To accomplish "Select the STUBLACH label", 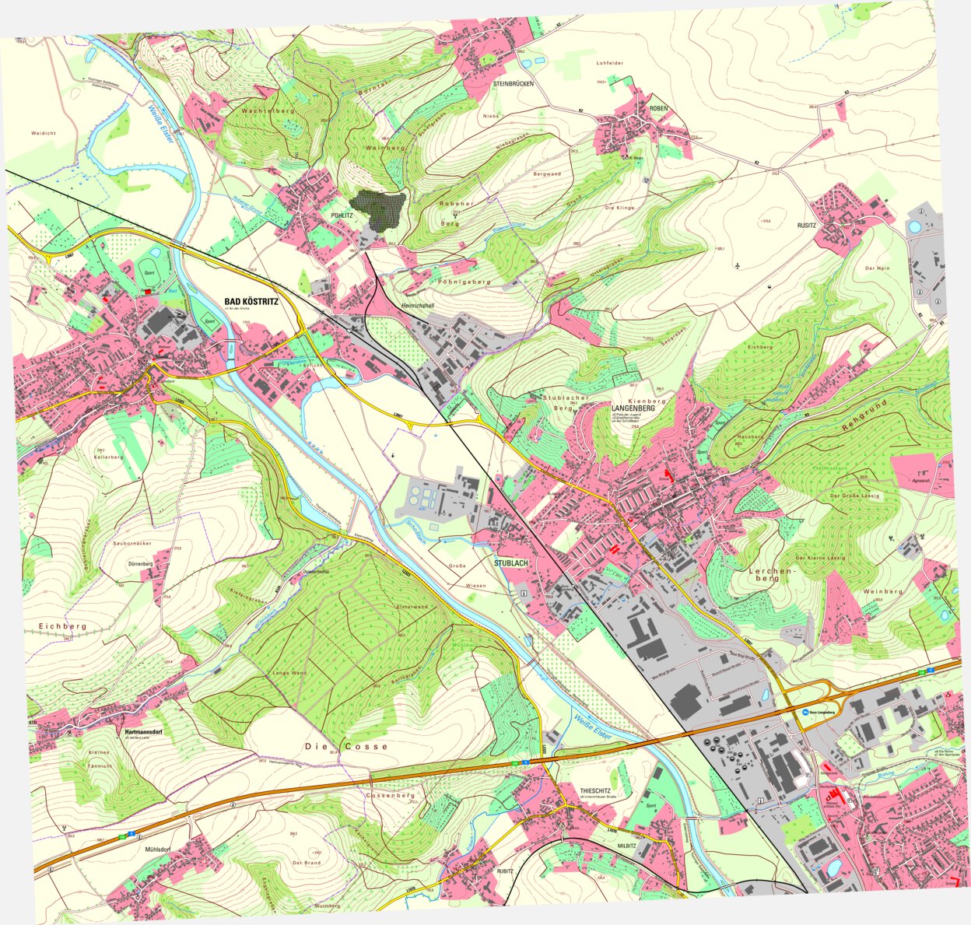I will click(510, 562).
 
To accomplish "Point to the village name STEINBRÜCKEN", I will click(513, 83).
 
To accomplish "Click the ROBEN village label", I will click(658, 109).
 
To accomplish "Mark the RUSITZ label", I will click(827, 227).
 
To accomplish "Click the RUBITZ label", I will click(505, 871).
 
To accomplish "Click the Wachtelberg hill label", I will click(268, 112).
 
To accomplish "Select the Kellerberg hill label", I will click(109, 457).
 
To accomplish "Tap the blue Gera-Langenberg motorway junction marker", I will click(805, 711).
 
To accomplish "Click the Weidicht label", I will click(44, 133).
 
